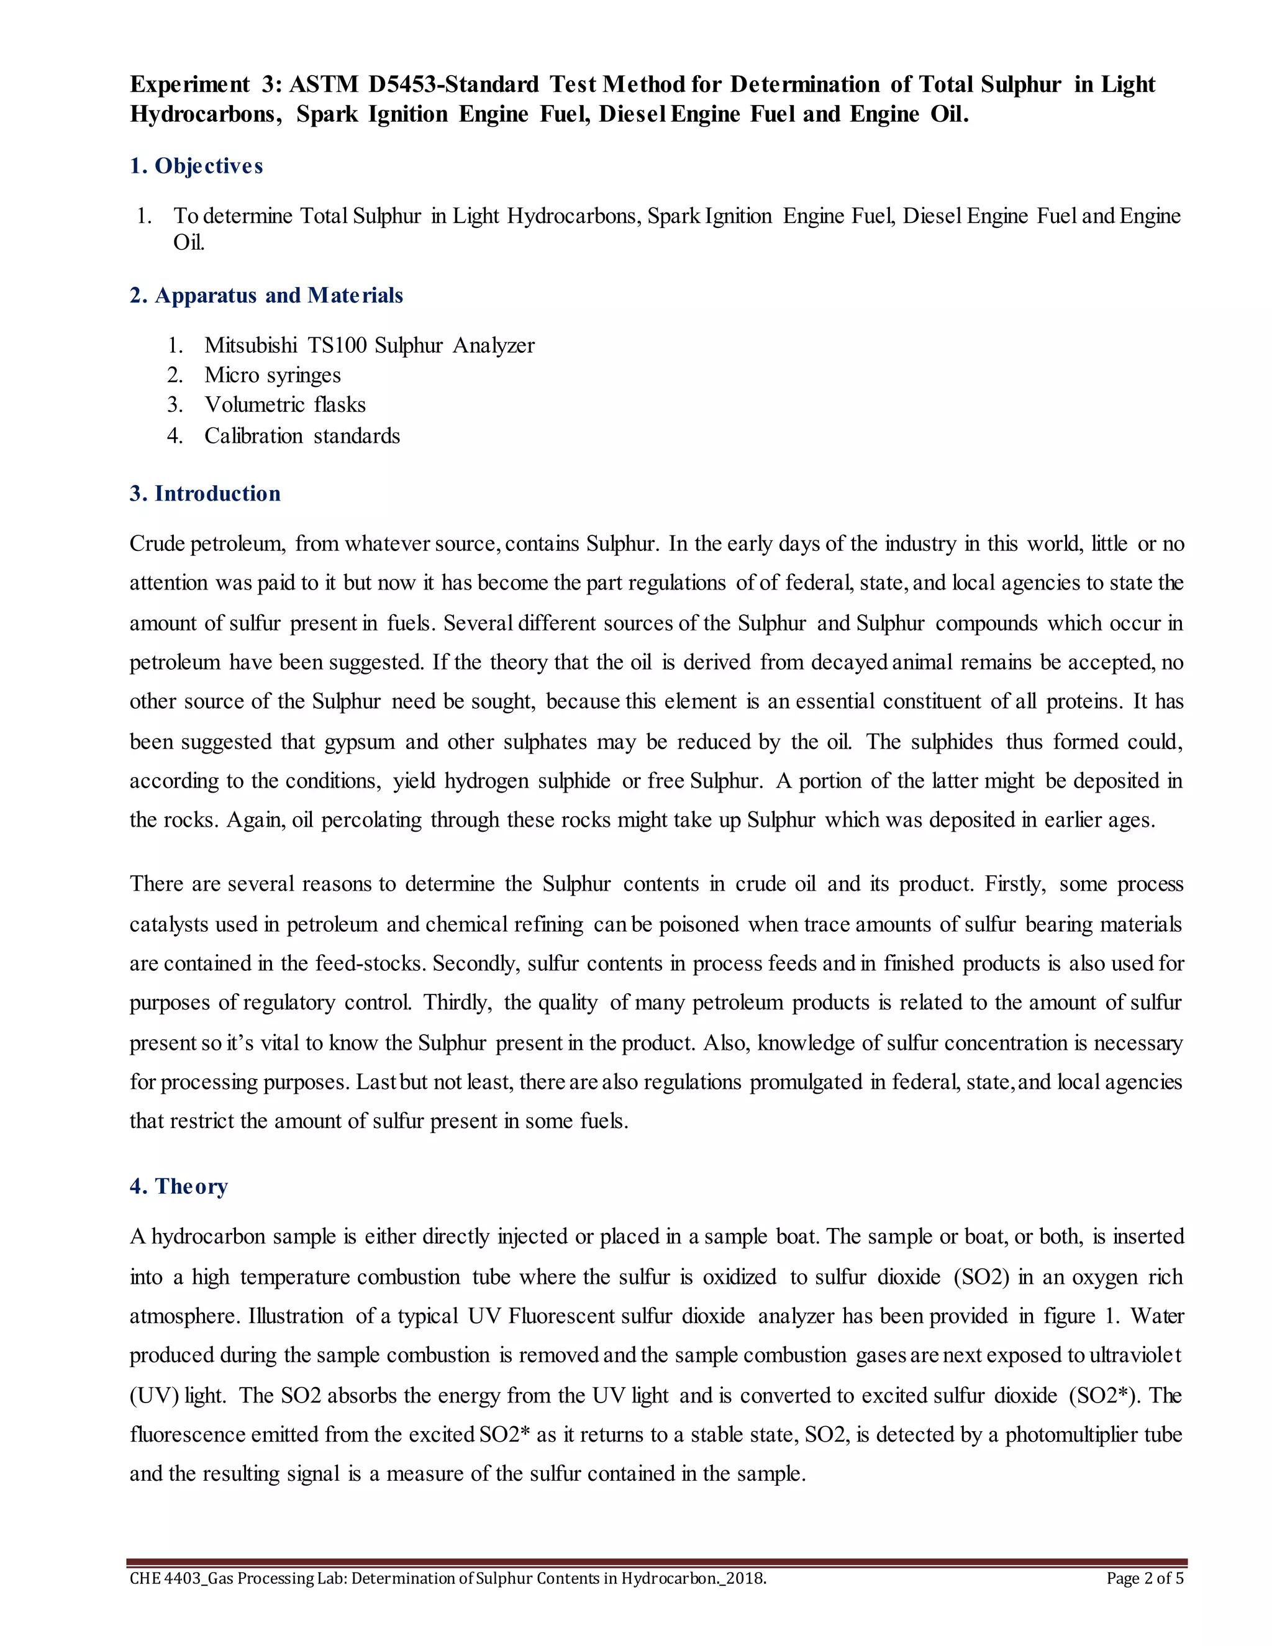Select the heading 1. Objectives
click(196, 166)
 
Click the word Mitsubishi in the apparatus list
click(250, 345)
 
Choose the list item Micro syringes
click(272, 375)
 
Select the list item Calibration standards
click(301, 435)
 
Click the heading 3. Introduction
click(205, 494)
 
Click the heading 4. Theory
click(179, 1187)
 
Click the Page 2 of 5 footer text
click(1145, 1579)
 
